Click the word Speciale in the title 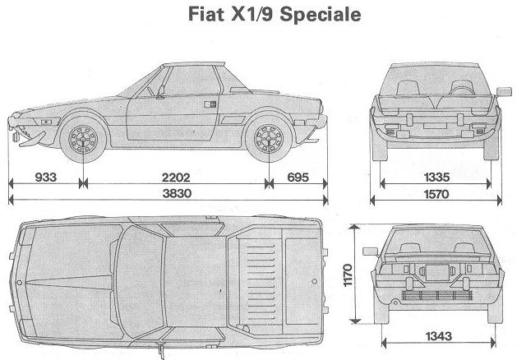(x=321, y=15)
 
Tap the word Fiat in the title (x=206, y=14)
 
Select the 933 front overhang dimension (x=46, y=177)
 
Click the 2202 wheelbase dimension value (x=176, y=178)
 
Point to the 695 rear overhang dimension (x=298, y=178)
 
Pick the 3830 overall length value (x=177, y=193)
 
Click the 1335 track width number (x=436, y=178)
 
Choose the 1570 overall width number (x=436, y=194)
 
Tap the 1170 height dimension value (x=348, y=275)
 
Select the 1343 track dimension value (x=439, y=336)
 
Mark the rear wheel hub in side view (x=269, y=139)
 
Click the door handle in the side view (x=210, y=104)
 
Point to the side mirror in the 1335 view (x=504, y=92)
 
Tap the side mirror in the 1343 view (x=370, y=252)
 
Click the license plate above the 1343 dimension (x=437, y=273)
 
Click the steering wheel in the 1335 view (x=462, y=87)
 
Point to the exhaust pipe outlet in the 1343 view (x=395, y=302)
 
